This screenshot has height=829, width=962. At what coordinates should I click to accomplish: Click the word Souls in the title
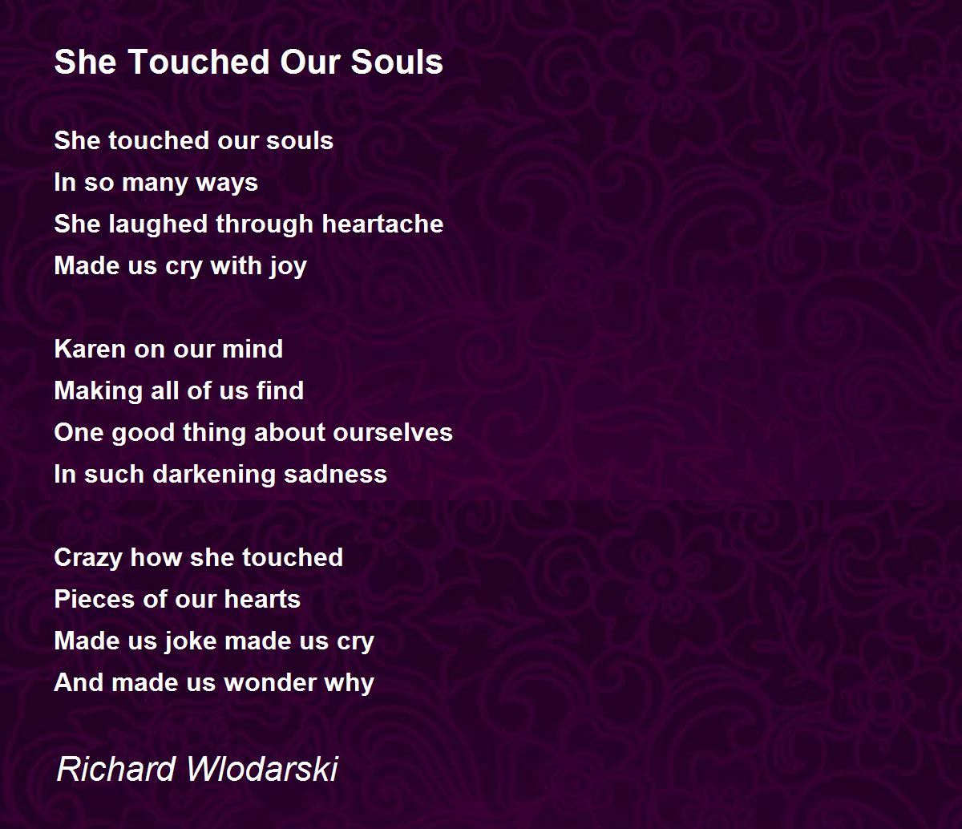click(x=397, y=62)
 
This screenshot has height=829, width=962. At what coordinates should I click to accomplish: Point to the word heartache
click(x=382, y=224)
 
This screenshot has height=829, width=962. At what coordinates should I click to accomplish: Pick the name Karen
click(x=91, y=349)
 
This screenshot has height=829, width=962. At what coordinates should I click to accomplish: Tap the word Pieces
click(x=95, y=599)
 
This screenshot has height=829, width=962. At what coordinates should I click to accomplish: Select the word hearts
click(x=262, y=599)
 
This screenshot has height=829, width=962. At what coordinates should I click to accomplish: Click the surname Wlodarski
click(x=262, y=769)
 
